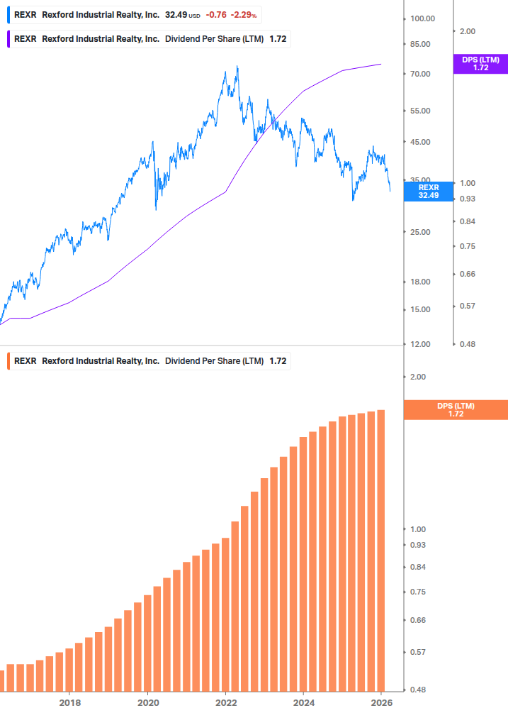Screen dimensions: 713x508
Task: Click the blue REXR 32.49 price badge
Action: point(428,192)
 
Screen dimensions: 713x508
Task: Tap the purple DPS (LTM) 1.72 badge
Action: point(480,64)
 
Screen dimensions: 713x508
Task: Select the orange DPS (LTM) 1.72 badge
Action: point(455,409)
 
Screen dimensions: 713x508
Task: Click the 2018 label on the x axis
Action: point(69,702)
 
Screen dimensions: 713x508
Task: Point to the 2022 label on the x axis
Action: point(225,702)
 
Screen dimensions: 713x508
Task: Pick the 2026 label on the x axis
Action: point(381,702)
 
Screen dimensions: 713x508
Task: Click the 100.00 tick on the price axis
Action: point(422,18)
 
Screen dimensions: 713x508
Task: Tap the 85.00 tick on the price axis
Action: point(422,44)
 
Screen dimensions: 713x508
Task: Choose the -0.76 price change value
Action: point(216,15)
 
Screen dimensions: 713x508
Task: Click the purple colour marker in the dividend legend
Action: point(8,39)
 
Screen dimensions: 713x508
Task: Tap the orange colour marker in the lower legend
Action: point(8,361)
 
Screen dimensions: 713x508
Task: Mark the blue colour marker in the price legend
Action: point(8,15)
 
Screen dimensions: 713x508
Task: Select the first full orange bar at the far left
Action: point(11,678)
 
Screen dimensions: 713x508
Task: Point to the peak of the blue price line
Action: point(237,67)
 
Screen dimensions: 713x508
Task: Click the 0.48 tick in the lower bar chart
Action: point(418,690)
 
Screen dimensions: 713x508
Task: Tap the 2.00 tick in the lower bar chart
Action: point(418,377)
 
